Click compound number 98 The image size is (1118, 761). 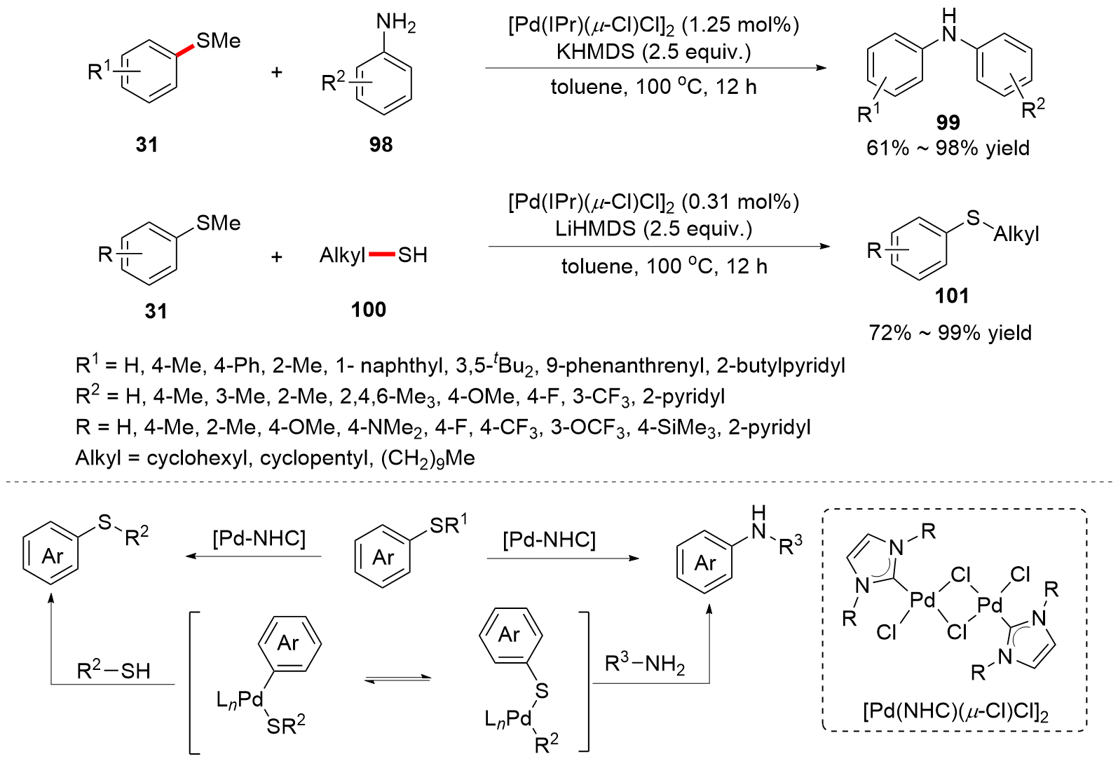[381, 144]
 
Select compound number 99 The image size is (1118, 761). [948, 123]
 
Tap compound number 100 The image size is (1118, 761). [368, 309]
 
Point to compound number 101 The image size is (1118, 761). [951, 296]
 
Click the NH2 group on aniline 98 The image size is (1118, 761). [395, 23]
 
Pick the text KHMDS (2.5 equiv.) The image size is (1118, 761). [653, 52]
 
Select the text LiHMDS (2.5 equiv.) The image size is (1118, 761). [653, 229]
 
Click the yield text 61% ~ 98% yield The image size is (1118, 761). [948, 149]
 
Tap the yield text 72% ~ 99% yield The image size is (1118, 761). [950, 332]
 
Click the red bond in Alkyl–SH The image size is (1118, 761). [381, 254]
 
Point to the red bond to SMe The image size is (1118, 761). [184, 50]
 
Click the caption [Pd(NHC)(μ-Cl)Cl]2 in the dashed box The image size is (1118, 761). [955, 712]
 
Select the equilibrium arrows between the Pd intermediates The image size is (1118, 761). [397, 678]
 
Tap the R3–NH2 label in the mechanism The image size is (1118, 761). [644, 663]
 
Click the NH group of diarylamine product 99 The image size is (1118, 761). [949, 27]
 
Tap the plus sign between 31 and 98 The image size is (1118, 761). [277, 71]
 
